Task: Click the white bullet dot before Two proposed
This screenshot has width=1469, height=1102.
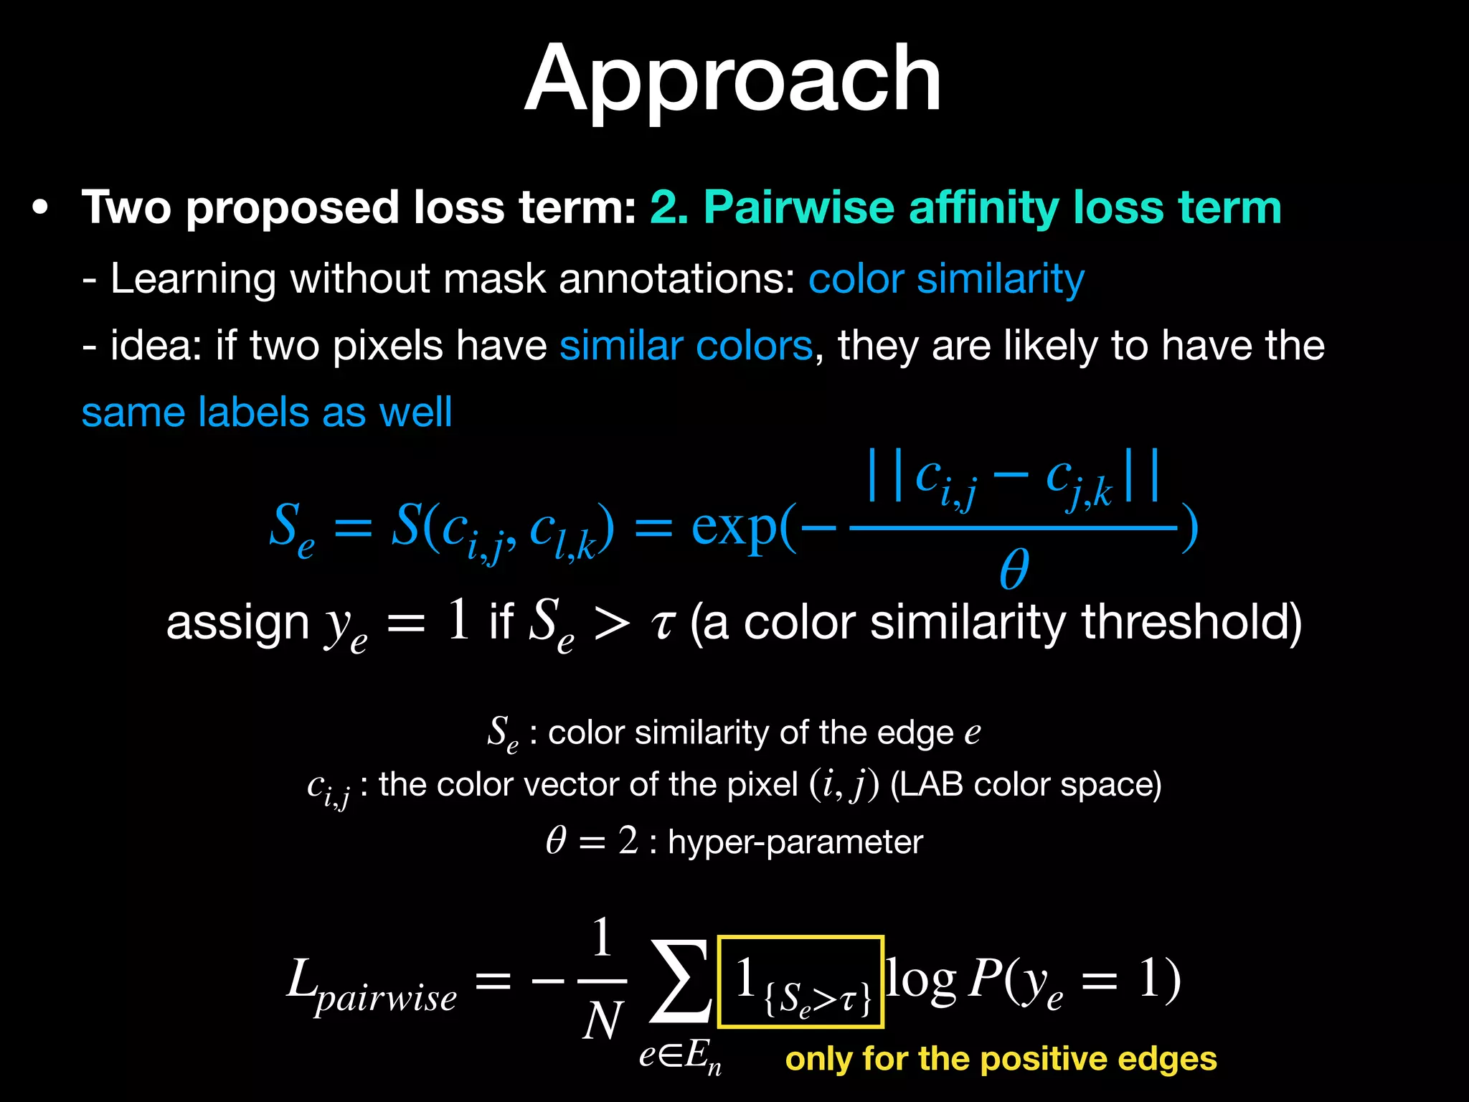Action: pos(40,208)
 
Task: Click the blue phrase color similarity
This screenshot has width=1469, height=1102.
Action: pos(946,278)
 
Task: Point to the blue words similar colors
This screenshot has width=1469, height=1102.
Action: pos(686,346)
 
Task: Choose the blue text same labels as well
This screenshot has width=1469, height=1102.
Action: pos(267,413)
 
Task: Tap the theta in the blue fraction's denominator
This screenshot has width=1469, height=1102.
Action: pos(1014,569)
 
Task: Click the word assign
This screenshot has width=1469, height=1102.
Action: pos(237,623)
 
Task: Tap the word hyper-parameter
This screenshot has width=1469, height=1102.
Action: pos(795,842)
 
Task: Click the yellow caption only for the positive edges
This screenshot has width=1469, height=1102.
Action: pos(1001,1059)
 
